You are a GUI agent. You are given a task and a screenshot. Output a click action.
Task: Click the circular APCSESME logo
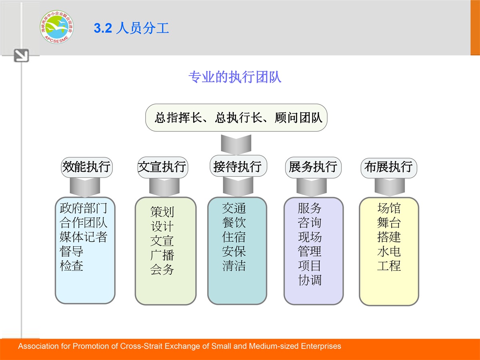coord(57,27)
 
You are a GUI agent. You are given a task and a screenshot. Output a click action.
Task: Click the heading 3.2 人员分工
coord(132,28)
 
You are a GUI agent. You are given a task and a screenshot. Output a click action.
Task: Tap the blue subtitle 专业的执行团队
coord(235,77)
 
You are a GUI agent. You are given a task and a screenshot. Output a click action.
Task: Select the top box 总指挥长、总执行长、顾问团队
coord(236,118)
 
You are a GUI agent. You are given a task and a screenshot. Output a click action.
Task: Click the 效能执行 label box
coord(86,167)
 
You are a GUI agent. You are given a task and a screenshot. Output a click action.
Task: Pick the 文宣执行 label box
coord(162,167)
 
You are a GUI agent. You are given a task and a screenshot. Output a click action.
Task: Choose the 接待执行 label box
coord(238,166)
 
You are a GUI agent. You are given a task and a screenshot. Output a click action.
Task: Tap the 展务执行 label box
coord(313,168)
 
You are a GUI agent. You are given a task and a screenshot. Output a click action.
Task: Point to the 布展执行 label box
coord(388,168)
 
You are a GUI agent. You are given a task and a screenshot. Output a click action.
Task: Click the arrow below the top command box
coord(236,144)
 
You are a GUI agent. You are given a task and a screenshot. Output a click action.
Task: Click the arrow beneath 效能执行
coord(85,187)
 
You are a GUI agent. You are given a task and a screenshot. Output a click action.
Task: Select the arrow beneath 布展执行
coord(390,187)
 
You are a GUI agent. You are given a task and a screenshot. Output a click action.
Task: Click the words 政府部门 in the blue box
coord(83,208)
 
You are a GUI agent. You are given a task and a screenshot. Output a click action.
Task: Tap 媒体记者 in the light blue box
coord(83,237)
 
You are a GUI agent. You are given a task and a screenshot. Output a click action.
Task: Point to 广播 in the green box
coord(162,255)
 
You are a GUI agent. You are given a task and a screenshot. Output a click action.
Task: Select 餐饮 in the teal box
coord(234,222)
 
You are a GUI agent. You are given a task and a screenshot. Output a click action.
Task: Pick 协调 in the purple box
coord(310,280)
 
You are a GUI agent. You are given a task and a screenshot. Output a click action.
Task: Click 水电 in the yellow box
coord(389,251)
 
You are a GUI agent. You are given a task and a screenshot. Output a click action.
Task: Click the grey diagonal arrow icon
coord(21,55)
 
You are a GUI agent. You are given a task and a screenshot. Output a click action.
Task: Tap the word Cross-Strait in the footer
coord(141,346)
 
